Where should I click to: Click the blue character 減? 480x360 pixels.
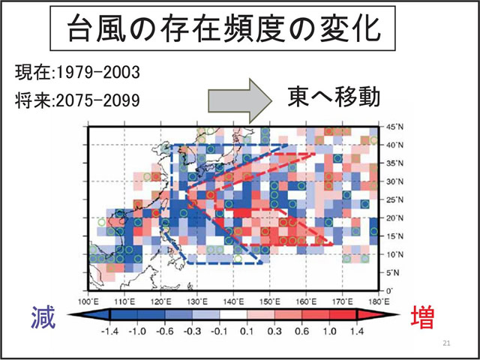coord(45,319)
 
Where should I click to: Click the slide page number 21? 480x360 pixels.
coord(446,343)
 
